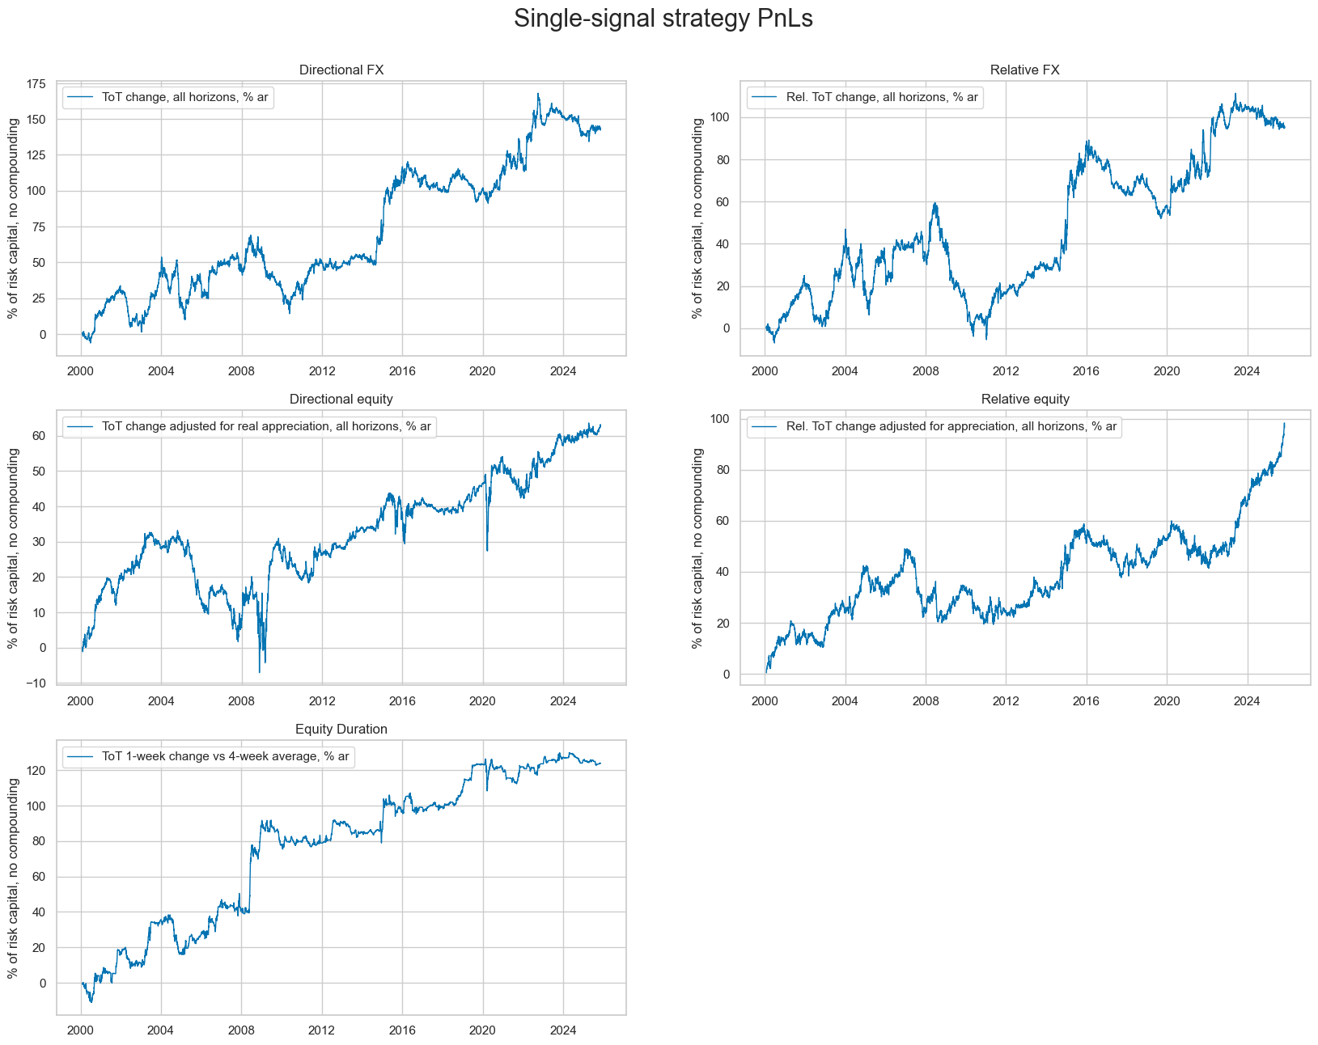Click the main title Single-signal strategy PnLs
coord(663,19)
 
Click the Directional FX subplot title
coord(341,70)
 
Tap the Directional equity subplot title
coord(341,400)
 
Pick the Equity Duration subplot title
coord(341,730)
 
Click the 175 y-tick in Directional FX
coord(35,83)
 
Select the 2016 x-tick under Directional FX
coord(402,371)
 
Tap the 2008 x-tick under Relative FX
coord(925,371)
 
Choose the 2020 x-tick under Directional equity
coord(482,701)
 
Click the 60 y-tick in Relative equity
coord(720,521)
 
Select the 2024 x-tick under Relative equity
coord(1247,701)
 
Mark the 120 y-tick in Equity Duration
coord(35,771)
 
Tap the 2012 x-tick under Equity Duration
coord(322,1030)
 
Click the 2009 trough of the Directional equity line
coord(260,671)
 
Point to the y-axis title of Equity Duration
coord(13,876)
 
